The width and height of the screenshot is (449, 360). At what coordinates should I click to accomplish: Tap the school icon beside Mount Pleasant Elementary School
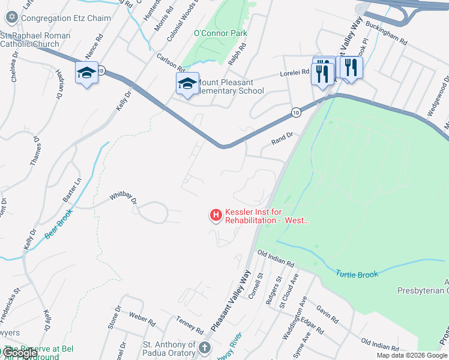tap(187, 83)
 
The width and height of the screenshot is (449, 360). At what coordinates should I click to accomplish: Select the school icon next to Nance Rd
tap(86, 73)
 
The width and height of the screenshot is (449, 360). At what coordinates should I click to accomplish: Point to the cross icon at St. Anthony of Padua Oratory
tap(205, 348)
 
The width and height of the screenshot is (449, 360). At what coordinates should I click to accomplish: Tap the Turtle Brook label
tap(357, 274)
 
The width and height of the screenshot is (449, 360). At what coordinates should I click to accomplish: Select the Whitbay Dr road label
tap(123, 198)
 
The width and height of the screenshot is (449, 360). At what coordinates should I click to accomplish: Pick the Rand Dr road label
tap(282, 137)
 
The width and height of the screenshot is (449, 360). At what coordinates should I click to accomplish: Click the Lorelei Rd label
tap(294, 73)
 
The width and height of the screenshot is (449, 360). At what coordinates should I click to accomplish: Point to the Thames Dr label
tap(35, 151)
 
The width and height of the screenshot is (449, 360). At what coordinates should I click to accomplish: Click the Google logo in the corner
tap(20, 353)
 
